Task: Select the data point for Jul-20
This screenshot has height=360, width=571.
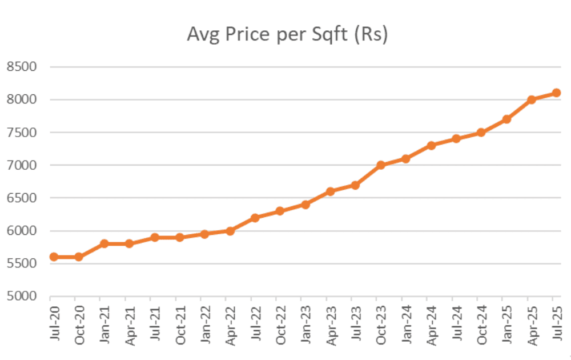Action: [x=54, y=257]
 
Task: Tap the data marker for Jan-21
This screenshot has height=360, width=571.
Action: [x=104, y=243]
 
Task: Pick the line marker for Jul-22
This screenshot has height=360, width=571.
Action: [x=255, y=218]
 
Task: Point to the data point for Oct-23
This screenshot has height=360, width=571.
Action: [x=380, y=165]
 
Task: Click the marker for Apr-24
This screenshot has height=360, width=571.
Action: [x=431, y=145]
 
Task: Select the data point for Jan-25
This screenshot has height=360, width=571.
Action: [x=506, y=119]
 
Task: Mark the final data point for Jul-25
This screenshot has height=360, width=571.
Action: [x=556, y=93]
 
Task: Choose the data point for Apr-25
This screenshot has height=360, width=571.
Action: [x=531, y=99]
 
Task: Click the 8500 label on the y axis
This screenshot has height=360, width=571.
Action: [x=21, y=67]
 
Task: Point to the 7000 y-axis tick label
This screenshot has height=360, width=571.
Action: [x=21, y=165]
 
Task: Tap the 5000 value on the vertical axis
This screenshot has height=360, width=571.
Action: [x=21, y=297]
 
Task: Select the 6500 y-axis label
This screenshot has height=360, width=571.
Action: [x=21, y=198]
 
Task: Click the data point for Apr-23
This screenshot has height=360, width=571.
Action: [x=330, y=191]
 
